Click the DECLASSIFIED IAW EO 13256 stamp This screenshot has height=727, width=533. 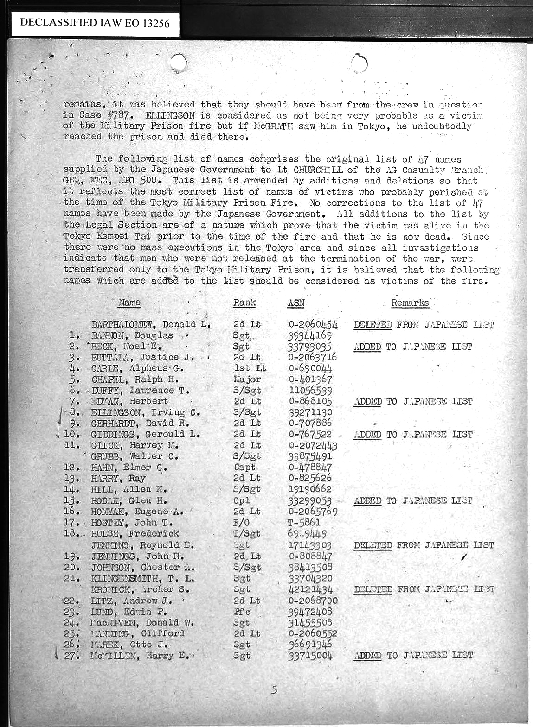point(95,23)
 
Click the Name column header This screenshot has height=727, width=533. point(129,303)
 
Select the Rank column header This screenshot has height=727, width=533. point(244,303)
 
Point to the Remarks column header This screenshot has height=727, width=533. point(410,303)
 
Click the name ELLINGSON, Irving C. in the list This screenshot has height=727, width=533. point(146,412)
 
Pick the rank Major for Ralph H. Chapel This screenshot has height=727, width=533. point(247,379)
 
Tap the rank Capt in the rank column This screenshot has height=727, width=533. point(244,468)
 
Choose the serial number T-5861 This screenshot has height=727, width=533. point(304,523)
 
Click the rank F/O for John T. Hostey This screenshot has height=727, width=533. point(241,523)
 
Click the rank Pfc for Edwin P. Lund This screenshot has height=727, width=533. point(242,612)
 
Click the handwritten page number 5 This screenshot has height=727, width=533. point(274,690)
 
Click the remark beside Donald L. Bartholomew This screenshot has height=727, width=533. point(423,325)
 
